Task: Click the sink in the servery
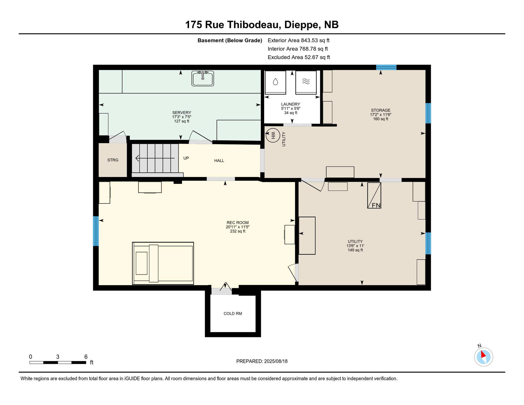pyautogui.click(x=203, y=78)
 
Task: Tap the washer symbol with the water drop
pyautogui.click(x=275, y=82)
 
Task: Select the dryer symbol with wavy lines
pyautogui.click(x=306, y=82)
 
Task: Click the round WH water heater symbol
pyautogui.click(x=273, y=136)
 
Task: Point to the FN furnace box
pyautogui.click(x=374, y=195)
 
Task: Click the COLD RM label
pyautogui.click(x=233, y=314)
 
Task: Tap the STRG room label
pyautogui.click(x=113, y=160)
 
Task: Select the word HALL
pyautogui.click(x=219, y=161)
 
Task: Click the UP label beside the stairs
pyautogui.click(x=186, y=158)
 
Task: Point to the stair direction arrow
pyautogui.click(x=155, y=158)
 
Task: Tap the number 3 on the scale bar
pyautogui.click(x=58, y=357)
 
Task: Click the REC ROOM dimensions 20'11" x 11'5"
pyautogui.click(x=237, y=227)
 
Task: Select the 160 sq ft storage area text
pyautogui.click(x=381, y=119)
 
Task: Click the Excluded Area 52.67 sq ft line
pyautogui.click(x=299, y=57)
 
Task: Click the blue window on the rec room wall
pyautogui.click(x=96, y=231)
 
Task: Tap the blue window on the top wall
pyautogui.click(x=386, y=67)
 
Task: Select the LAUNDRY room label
pyautogui.click(x=290, y=104)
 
